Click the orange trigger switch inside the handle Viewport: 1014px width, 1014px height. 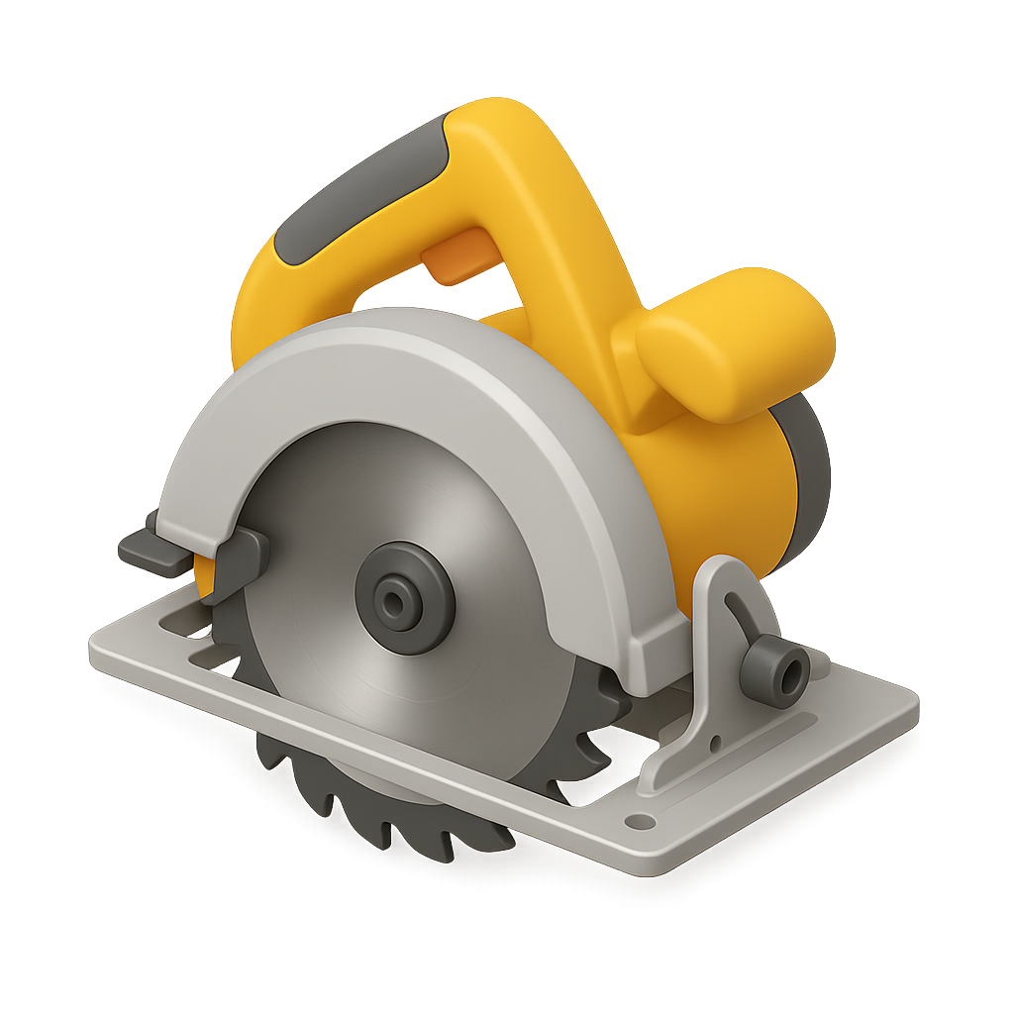(459, 253)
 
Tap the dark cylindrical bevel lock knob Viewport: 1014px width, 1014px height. (773, 673)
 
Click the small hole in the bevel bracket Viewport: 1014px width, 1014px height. (716, 742)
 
